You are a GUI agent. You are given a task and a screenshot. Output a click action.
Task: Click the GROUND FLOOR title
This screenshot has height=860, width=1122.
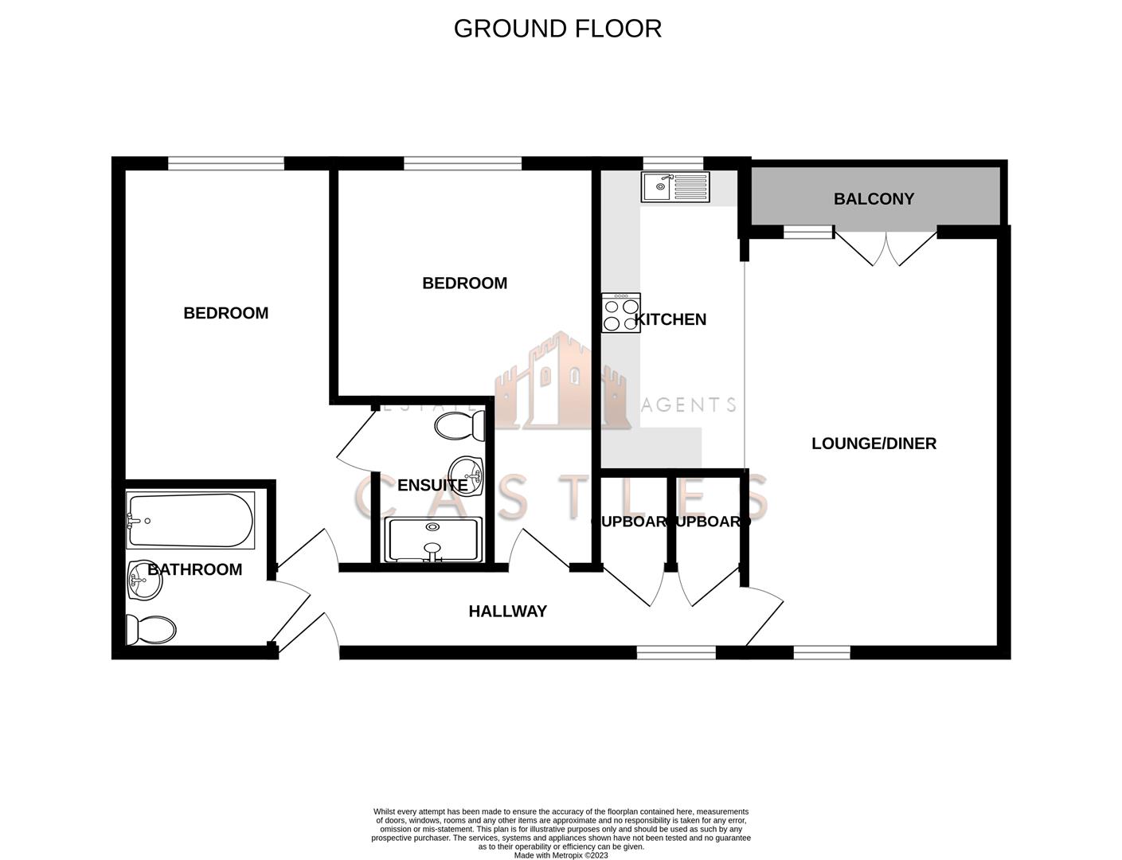click(557, 29)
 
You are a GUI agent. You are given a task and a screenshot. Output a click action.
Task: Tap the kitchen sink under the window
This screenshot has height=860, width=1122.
click(674, 187)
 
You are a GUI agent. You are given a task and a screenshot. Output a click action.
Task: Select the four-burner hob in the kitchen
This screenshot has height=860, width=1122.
click(621, 313)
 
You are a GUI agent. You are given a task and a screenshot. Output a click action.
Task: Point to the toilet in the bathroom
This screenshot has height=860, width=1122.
click(151, 630)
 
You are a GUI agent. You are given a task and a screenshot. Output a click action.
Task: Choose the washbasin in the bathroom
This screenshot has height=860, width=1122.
click(143, 580)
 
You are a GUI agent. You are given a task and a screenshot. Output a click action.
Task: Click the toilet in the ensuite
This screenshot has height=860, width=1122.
click(460, 424)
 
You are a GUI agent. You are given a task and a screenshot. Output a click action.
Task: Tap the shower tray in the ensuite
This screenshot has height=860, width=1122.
click(433, 540)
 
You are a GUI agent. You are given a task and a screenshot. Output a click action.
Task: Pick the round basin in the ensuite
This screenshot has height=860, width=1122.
click(467, 476)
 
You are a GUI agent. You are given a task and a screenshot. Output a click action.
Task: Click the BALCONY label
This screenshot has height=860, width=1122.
click(874, 199)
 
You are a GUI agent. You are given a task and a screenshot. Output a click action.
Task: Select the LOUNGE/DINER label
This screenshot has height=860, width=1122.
click(874, 444)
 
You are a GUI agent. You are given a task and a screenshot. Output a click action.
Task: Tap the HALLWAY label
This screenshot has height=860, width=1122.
click(507, 612)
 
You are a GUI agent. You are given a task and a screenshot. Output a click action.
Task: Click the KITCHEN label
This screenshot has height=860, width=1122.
click(670, 319)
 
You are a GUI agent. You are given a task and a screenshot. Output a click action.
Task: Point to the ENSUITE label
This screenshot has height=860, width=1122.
click(432, 485)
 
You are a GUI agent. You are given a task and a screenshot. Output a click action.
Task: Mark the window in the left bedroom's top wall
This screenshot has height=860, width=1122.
click(226, 163)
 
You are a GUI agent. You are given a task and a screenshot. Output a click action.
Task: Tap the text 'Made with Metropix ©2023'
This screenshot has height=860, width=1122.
click(561, 855)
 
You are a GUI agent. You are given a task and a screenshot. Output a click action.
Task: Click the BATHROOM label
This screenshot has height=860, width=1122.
click(195, 569)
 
